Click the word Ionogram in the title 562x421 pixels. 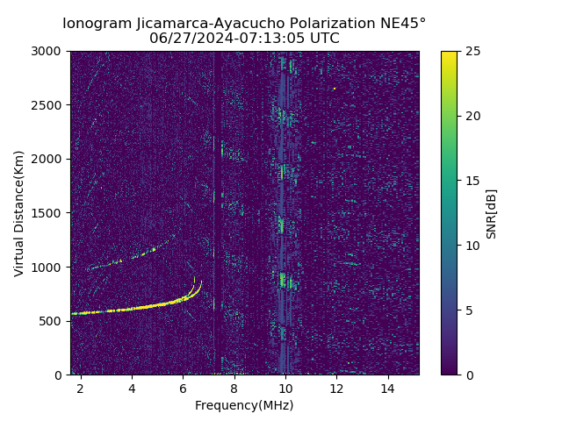coord(97,23)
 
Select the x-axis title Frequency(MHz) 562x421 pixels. coord(244,405)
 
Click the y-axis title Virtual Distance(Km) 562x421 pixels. coord(19,213)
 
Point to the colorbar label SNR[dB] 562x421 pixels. coord(492,213)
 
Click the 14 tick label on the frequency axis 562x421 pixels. coord(387,388)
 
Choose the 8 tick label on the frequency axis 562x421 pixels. coord(234,388)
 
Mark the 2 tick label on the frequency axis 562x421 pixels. coord(81,388)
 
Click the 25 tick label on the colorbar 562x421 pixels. coord(472,51)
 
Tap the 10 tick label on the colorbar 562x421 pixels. coord(472,246)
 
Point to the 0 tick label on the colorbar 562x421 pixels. coord(468,375)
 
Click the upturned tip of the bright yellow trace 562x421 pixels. coord(200,282)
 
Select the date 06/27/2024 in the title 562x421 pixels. coord(187,39)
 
